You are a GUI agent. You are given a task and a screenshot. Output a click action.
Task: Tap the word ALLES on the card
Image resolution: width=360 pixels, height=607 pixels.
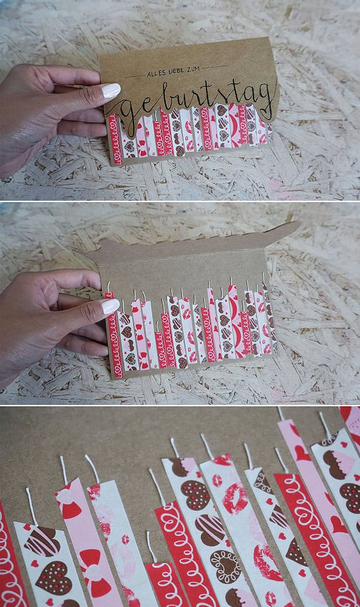pyautogui.click(x=155, y=72)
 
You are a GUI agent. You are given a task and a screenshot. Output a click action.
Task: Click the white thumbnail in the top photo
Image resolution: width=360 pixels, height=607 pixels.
pyautogui.click(x=111, y=91)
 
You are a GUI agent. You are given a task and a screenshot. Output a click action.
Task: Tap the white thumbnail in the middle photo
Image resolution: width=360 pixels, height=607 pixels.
pyautogui.click(x=111, y=307)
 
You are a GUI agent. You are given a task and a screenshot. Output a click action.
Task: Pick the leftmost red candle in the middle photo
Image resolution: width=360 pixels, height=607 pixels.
pyautogui.click(x=115, y=335)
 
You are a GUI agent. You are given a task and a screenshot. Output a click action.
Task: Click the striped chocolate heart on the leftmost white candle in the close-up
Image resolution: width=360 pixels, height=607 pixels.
pyautogui.click(x=43, y=541)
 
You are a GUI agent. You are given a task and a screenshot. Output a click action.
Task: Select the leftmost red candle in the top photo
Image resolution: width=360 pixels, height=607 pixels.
pyautogui.click(x=115, y=139)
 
